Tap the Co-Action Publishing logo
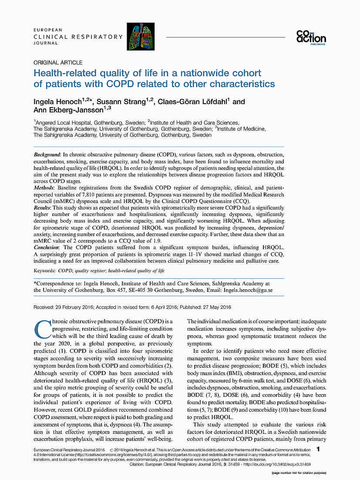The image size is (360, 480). (x=311, y=37)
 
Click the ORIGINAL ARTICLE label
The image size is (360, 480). (x=58, y=63)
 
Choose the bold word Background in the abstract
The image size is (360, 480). (x=47, y=155)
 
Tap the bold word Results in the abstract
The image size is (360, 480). (x=43, y=208)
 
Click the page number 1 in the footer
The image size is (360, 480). (x=319, y=449)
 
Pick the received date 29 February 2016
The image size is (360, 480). (x=77, y=307)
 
